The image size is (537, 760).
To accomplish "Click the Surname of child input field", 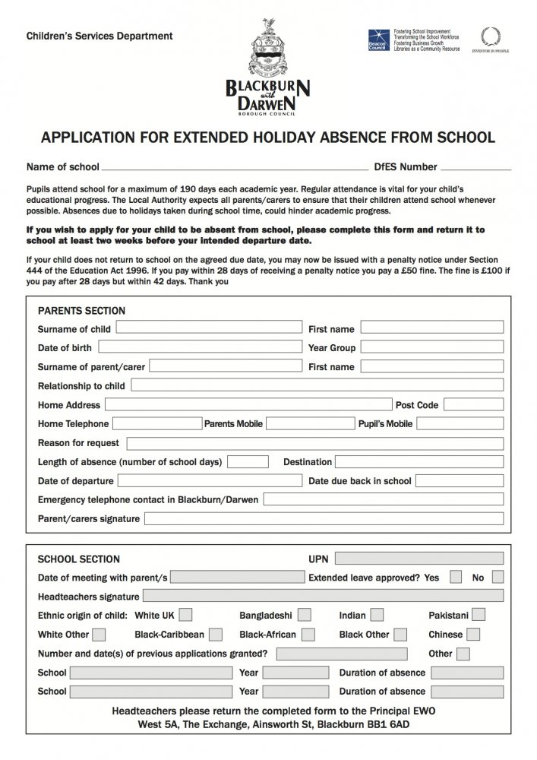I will point(208,328).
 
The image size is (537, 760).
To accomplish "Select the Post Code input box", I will point(474,404).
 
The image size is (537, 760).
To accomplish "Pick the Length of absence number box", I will point(248,461).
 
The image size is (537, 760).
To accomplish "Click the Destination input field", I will point(419,461).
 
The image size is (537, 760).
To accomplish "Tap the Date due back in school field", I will point(460,480).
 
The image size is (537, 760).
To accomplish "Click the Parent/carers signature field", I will point(324,518).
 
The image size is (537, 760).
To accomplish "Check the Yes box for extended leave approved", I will point(456,577).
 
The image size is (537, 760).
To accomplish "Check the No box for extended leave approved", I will point(498,577).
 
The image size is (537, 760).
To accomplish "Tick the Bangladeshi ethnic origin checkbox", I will point(305,614).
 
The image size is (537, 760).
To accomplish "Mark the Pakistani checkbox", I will point(479,614).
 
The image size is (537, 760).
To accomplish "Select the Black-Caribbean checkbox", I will point(216,634).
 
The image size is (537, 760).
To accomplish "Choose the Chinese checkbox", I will point(474,634).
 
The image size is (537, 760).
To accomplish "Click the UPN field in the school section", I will point(419,559).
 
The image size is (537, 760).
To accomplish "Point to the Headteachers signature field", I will point(323,596).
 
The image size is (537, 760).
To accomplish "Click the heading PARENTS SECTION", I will point(81,311).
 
